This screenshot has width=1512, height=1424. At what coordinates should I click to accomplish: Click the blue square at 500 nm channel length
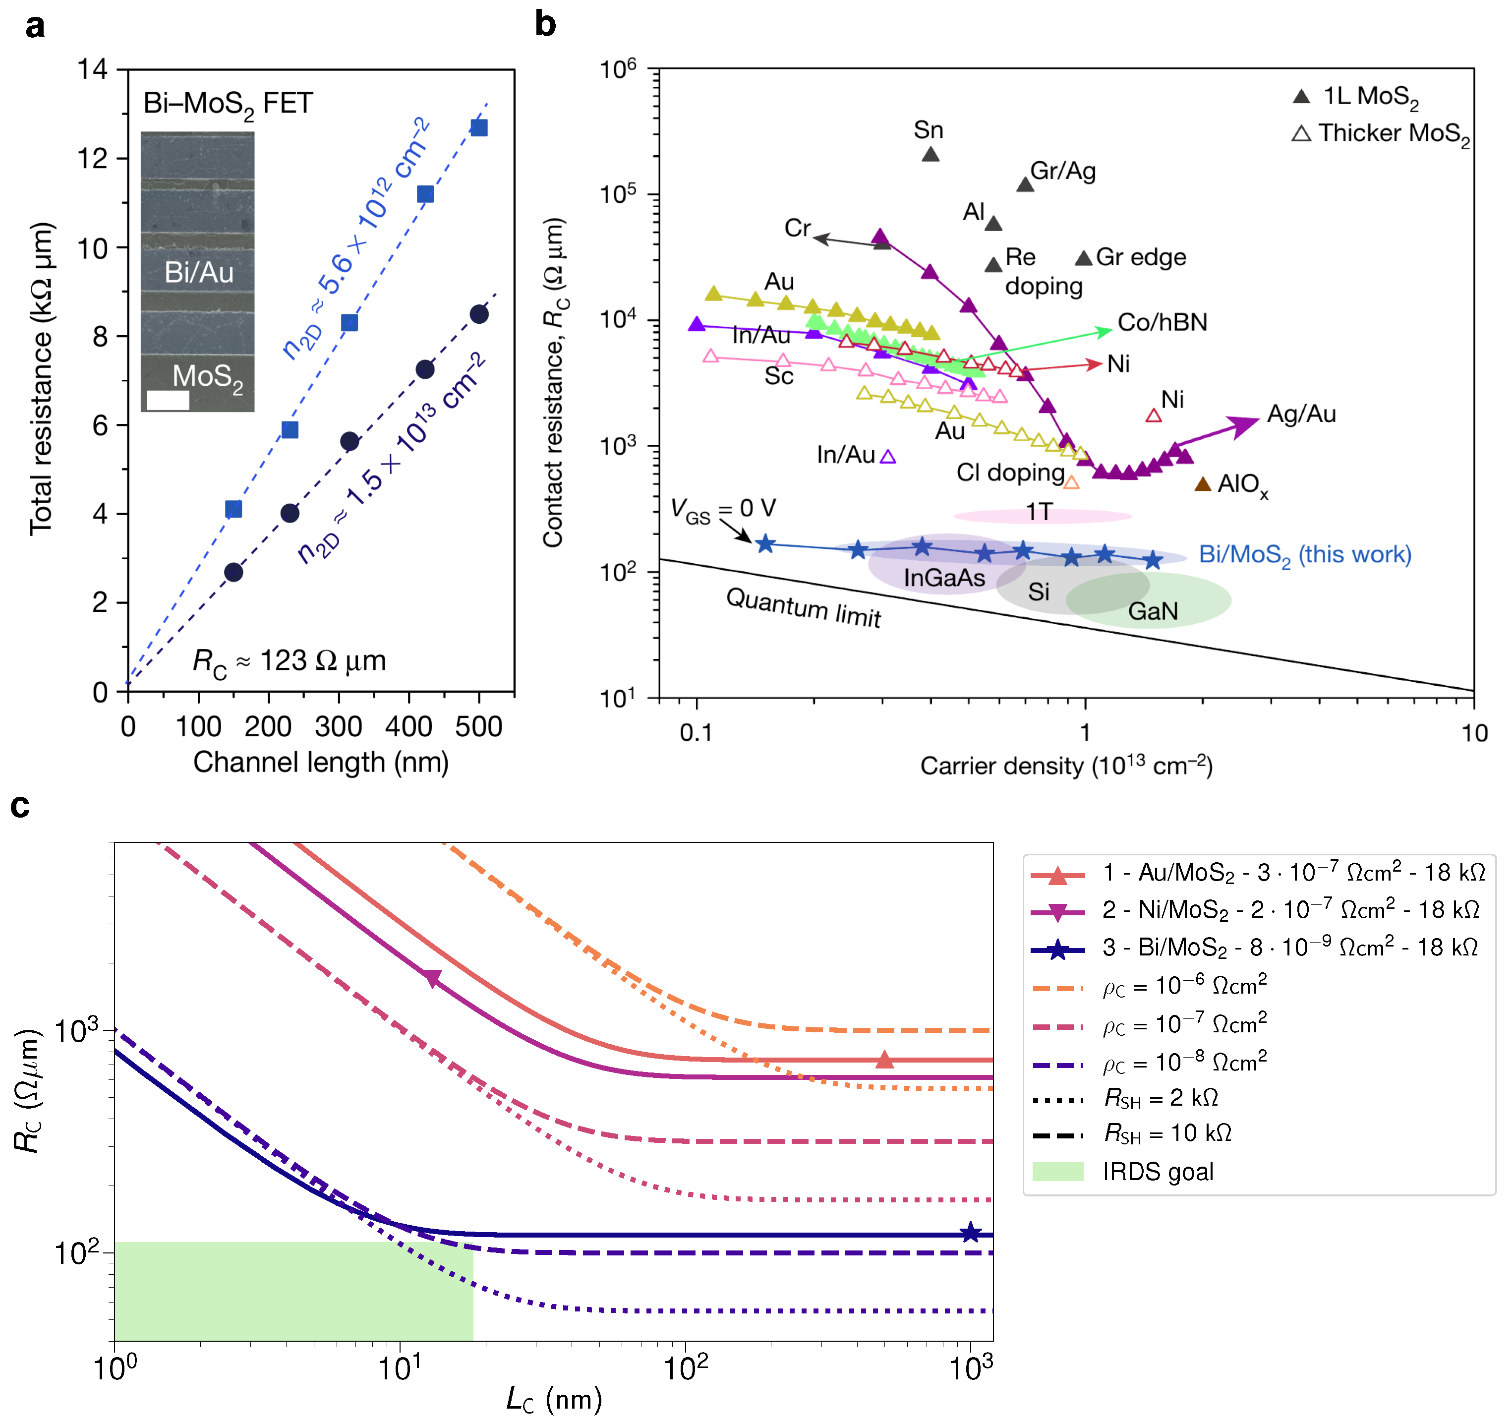[x=478, y=128]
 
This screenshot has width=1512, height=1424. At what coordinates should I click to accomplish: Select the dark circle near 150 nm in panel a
[x=233, y=572]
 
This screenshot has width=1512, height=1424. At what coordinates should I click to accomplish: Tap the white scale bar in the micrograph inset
[x=168, y=400]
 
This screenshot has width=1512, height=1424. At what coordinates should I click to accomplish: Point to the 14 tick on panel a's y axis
[x=92, y=69]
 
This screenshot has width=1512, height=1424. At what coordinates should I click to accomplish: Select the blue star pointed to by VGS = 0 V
[x=765, y=544]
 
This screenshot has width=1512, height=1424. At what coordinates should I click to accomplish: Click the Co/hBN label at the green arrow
[x=1162, y=322]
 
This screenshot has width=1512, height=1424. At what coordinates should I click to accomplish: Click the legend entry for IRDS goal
[x=1156, y=1172]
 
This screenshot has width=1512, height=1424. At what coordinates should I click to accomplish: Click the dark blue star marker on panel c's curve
[x=970, y=1234]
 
